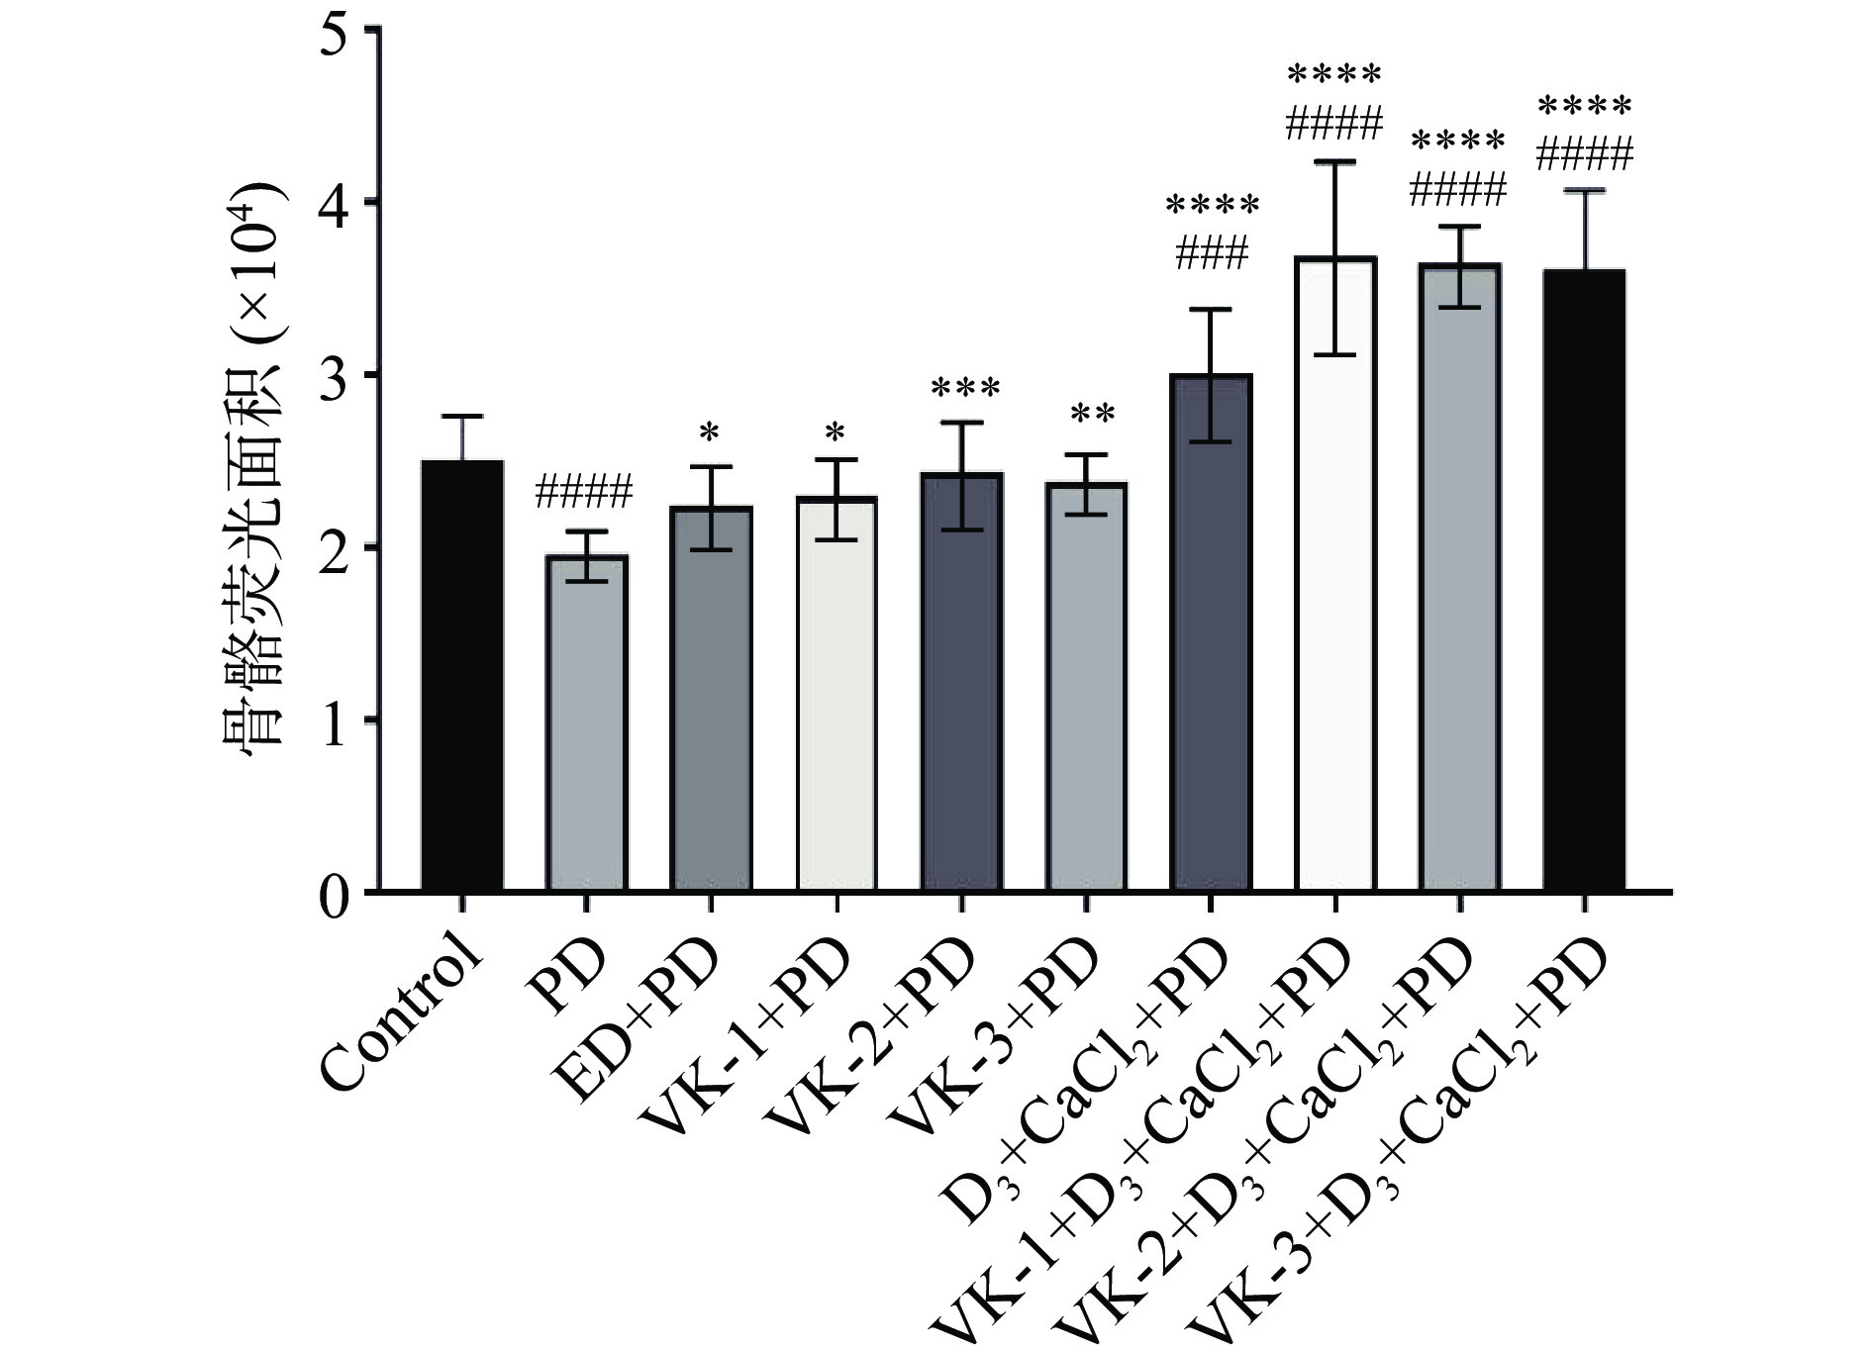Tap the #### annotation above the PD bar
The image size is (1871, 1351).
click(583, 492)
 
